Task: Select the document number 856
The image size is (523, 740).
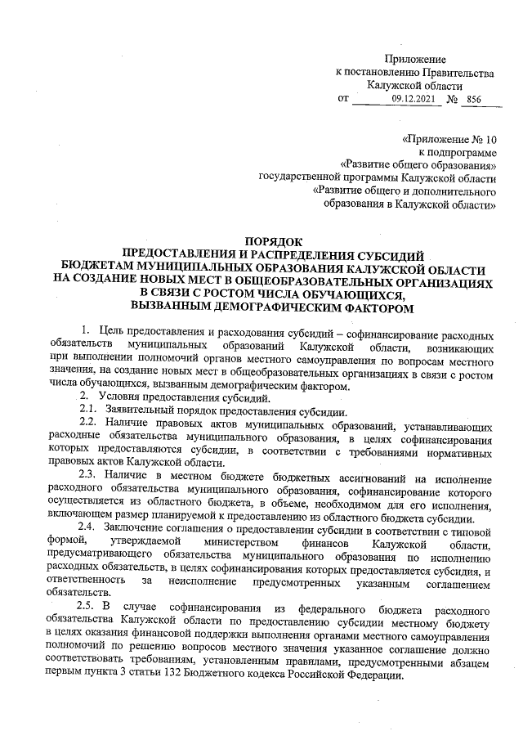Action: (472, 99)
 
